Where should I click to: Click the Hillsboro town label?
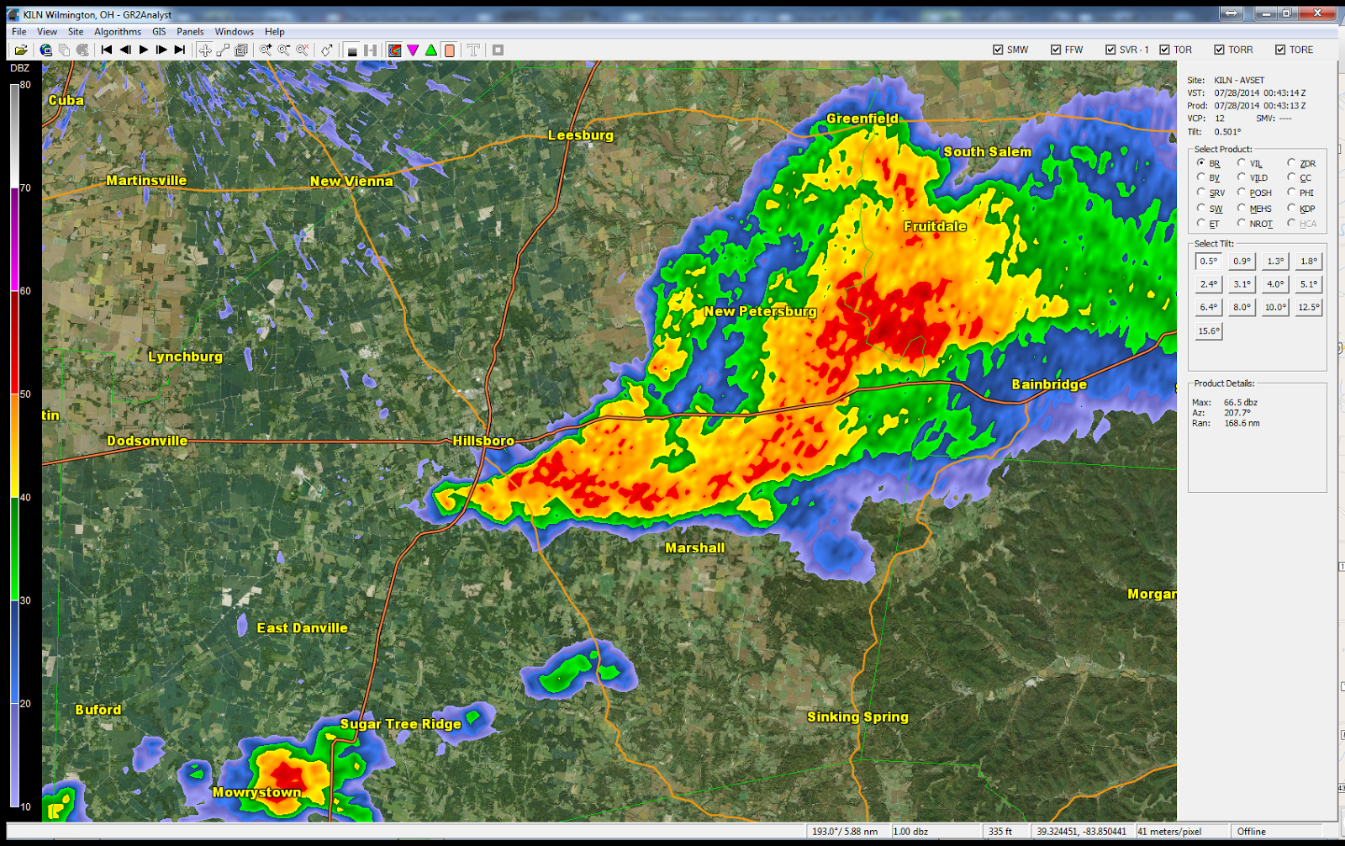[483, 441]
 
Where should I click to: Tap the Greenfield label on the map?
[862, 119]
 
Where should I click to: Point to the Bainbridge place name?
[1049, 384]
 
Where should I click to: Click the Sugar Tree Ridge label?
[400, 724]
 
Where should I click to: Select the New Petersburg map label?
[760, 311]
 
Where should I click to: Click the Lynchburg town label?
[185, 357]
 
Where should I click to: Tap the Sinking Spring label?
[857, 716]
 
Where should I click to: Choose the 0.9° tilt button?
[1242, 262]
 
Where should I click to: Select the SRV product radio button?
[1201, 193]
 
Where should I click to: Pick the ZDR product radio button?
[1292, 163]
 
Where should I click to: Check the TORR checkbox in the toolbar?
[1219, 50]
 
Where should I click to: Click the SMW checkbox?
[998, 50]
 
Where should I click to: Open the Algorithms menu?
[118, 32]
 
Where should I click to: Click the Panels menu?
[190, 32]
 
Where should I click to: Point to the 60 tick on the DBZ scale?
[25, 291]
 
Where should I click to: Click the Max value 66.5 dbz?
[1240, 403]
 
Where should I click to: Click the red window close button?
[1317, 13]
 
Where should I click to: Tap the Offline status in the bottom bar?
[1251, 832]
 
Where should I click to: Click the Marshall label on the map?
[694, 547]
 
